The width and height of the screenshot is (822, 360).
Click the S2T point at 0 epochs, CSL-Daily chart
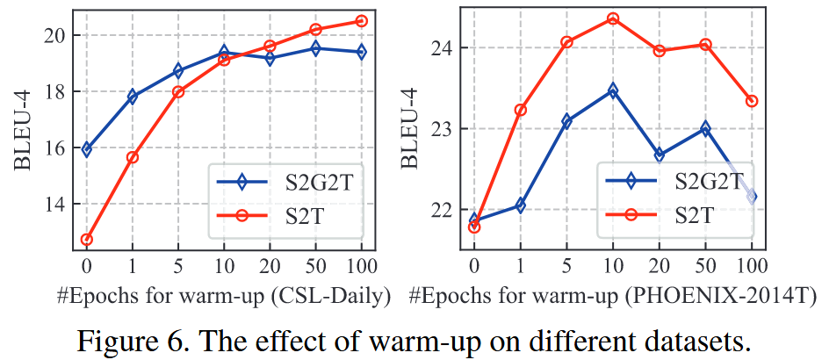tap(86, 239)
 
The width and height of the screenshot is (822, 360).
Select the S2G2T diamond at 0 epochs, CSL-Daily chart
tap(86, 149)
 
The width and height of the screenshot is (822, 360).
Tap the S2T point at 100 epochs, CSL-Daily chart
tap(361, 20)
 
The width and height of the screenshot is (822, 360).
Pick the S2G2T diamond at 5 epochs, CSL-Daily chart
tap(177, 70)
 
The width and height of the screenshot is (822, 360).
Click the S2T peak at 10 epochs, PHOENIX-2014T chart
tap(613, 18)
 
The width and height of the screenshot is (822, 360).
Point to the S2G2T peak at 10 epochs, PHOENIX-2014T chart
tap(613, 90)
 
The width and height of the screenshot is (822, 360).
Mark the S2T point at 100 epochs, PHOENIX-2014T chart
tap(751, 101)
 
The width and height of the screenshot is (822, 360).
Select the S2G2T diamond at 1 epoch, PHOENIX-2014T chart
tap(520, 205)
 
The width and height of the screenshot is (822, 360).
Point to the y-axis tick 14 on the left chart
tap(54, 205)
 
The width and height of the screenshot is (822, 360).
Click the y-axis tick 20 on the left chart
tap(54, 36)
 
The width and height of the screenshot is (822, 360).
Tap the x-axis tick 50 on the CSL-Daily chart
tap(315, 264)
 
